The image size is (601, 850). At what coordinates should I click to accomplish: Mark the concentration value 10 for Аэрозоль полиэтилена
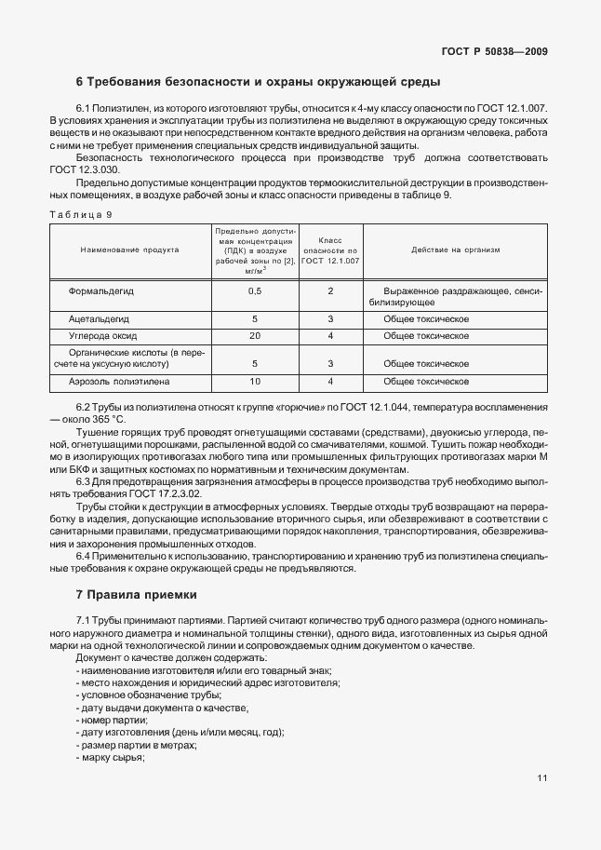coord(254,382)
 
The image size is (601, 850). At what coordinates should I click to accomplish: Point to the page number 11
coord(542,778)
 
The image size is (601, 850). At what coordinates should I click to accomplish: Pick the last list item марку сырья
coord(113,757)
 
